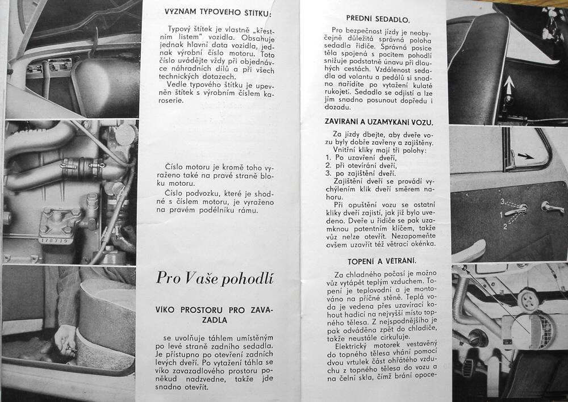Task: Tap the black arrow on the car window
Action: (x=525, y=155)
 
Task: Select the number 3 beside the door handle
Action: (x=503, y=202)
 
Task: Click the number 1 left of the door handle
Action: (x=501, y=215)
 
